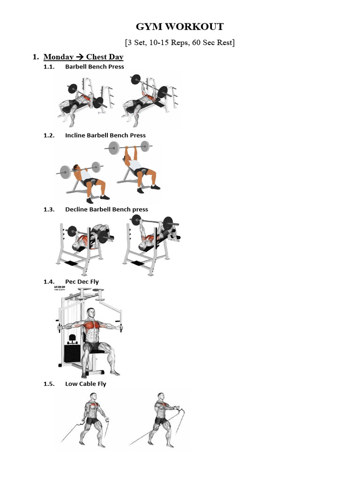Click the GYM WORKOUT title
(x=180, y=27)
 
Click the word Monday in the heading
(x=58, y=57)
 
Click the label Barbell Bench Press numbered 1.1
(x=95, y=67)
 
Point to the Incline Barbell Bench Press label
(x=105, y=135)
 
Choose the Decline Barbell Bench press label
(x=106, y=210)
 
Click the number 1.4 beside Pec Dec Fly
(x=49, y=282)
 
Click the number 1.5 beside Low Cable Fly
(x=49, y=384)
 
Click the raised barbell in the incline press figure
(x=132, y=148)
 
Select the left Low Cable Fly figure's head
(x=93, y=397)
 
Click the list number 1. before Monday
(x=35, y=57)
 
